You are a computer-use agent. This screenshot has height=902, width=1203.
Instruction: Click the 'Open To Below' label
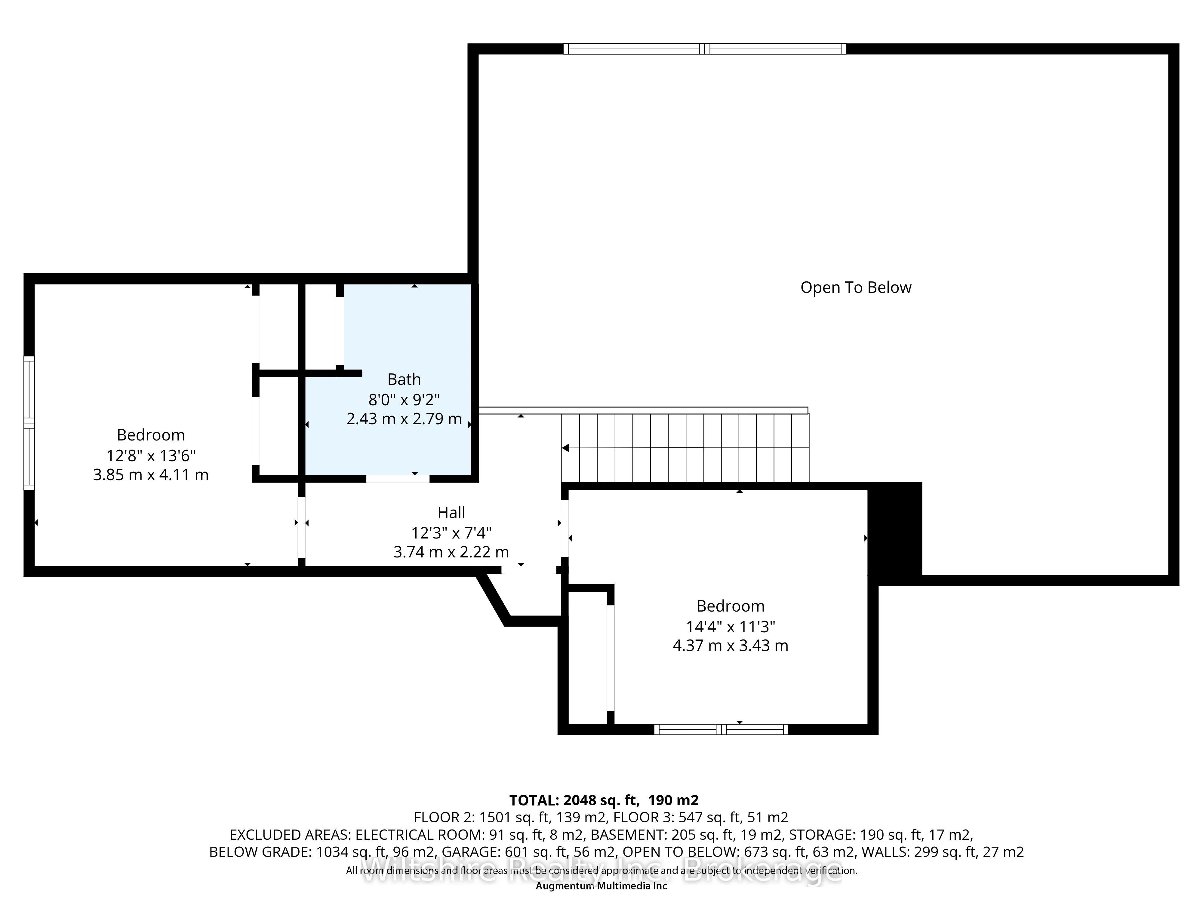855,288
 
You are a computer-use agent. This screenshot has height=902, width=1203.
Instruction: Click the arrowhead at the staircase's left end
566,448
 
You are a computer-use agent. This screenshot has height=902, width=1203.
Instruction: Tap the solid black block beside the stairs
895,530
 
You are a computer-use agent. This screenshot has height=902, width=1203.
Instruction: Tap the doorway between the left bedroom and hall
301,527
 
